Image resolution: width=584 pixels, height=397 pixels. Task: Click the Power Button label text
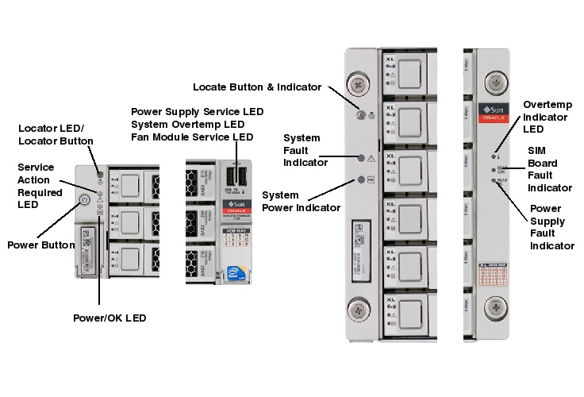(41, 245)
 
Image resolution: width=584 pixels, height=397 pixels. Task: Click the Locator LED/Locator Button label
(56, 134)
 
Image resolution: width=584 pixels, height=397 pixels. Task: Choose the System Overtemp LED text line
(187, 125)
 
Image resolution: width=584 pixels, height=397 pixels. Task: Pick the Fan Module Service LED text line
(192, 137)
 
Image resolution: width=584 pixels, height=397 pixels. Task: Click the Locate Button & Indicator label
(257, 87)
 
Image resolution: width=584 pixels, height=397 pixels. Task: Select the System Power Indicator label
(301, 201)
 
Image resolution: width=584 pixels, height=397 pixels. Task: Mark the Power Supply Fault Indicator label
(551, 227)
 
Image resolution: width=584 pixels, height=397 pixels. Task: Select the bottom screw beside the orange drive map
(497, 306)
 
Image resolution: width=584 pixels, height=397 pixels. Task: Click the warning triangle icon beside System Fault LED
(371, 159)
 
